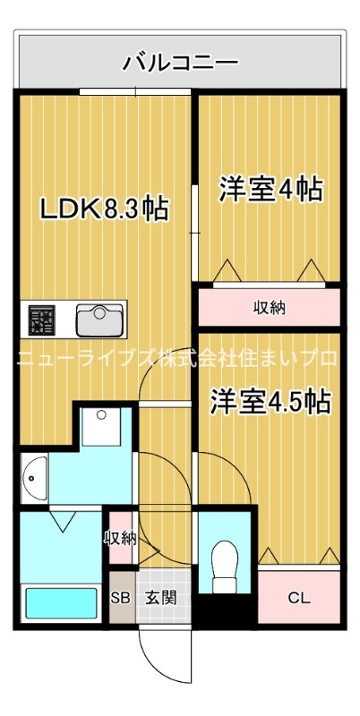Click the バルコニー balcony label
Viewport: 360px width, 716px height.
tap(180, 63)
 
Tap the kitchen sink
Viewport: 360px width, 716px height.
tap(100, 318)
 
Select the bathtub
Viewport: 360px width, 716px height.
tap(61, 604)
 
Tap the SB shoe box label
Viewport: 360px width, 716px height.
tap(119, 598)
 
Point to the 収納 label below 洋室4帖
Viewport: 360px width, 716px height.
tap(269, 308)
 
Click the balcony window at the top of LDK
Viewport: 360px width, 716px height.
tap(134, 91)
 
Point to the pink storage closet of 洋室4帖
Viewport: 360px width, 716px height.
tap(269, 308)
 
